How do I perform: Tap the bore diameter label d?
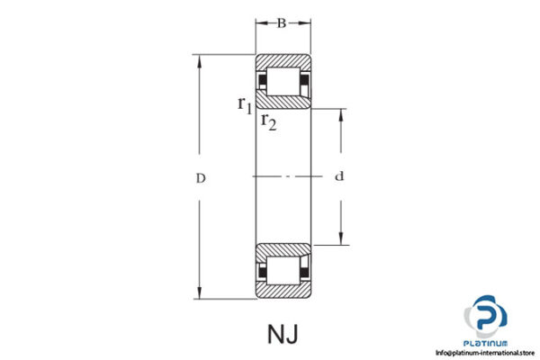pyautogui.click(x=339, y=177)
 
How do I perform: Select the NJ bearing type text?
pyautogui.click(x=283, y=334)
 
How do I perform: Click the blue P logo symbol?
pyautogui.click(x=487, y=317)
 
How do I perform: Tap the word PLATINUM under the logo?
pyautogui.click(x=487, y=343)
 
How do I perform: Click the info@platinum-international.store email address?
pyautogui.click(x=487, y=353)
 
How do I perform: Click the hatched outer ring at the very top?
pyautogui.click(x=283, y=62)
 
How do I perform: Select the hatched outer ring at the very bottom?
pyautogui.click(x=283, y=292)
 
